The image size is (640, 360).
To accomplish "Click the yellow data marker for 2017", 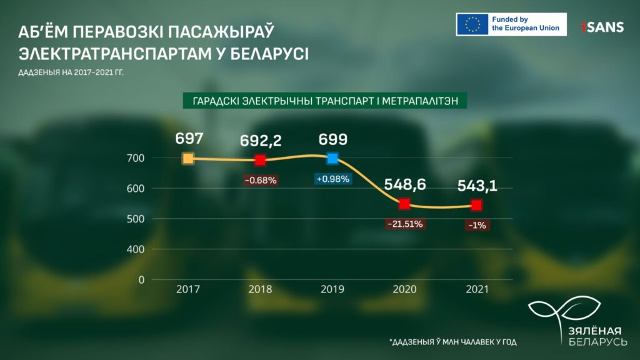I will [x=187, y=158].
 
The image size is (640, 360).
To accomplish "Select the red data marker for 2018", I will [x=260, y=160].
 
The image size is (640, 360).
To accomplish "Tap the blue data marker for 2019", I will [x=332, y=158].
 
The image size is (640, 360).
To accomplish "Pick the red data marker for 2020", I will [x=404, y=204].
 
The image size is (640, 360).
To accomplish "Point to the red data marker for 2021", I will [x=477, y=205].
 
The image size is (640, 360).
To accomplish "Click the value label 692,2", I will [x=261, y=141].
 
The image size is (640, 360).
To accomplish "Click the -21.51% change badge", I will [x=404, y=223].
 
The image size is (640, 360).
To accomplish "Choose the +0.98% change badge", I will [x=332, y=179].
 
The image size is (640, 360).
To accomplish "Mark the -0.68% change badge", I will [x=260, y=180].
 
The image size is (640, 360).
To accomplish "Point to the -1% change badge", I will [x=477, y=225].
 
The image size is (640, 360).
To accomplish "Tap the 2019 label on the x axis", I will [x=332, y=290].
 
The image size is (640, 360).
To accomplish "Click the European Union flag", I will [x=472, y=24].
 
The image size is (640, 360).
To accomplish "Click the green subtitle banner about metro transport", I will [x=326, y=100].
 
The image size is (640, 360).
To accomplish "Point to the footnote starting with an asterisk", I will [x=453, y=342].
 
